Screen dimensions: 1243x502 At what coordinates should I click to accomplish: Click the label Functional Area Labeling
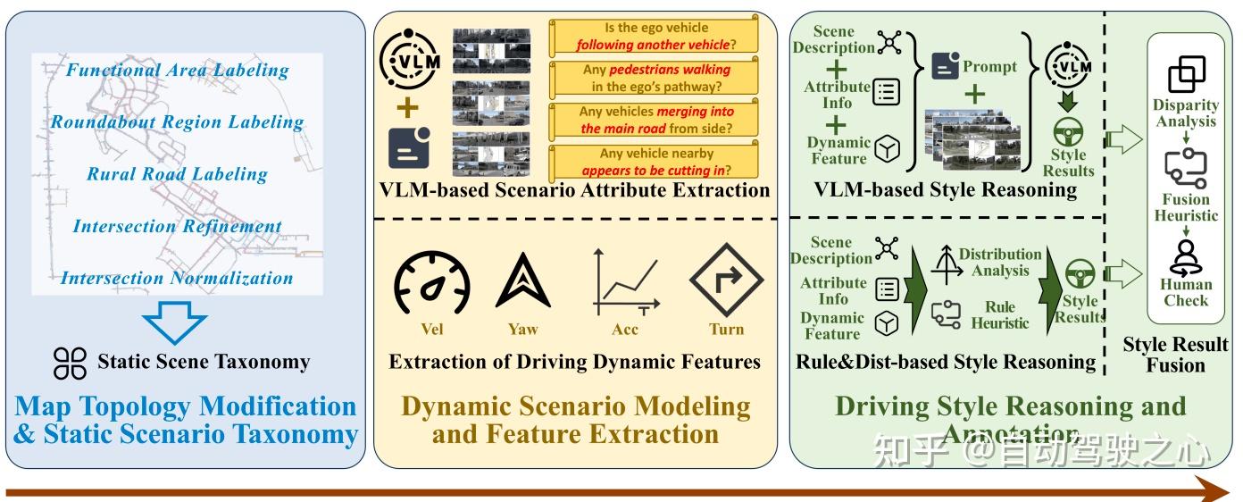point(178,70)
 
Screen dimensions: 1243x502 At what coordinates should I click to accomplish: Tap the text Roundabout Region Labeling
point(177,121)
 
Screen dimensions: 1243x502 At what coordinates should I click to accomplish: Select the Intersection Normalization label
point(177,278)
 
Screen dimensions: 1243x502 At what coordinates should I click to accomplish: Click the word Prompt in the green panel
point(989,66)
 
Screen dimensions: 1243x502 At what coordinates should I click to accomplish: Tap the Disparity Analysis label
point(1186,113)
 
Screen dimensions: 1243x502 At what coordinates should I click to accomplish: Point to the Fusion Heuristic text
point(1186,207)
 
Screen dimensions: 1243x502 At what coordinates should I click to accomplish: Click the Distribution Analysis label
point(1000,263)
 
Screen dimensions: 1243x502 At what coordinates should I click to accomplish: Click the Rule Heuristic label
point(1000,314)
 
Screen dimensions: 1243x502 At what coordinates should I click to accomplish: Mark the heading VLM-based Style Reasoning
point(945,188)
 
